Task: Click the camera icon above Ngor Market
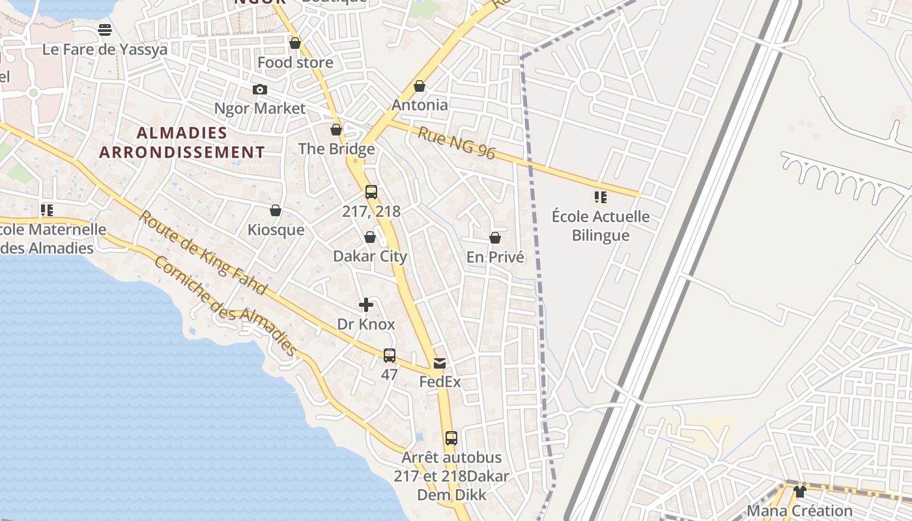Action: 259,89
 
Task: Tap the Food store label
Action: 295,63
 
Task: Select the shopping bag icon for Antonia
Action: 420,86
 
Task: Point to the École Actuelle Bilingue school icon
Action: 600,197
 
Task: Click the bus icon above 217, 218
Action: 371,192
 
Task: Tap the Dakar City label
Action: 369,256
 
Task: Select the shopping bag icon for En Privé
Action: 495,238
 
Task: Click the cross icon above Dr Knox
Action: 366,305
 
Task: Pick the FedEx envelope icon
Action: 440,363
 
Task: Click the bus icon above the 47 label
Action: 389,356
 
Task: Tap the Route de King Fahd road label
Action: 203,252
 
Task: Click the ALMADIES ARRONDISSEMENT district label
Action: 182,143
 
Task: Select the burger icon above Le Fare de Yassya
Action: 105,30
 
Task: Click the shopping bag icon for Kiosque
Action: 276,210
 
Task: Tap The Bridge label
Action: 336,148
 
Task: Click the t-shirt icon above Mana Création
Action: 799,492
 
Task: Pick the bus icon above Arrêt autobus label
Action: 451,438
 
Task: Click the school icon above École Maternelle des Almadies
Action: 46,210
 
